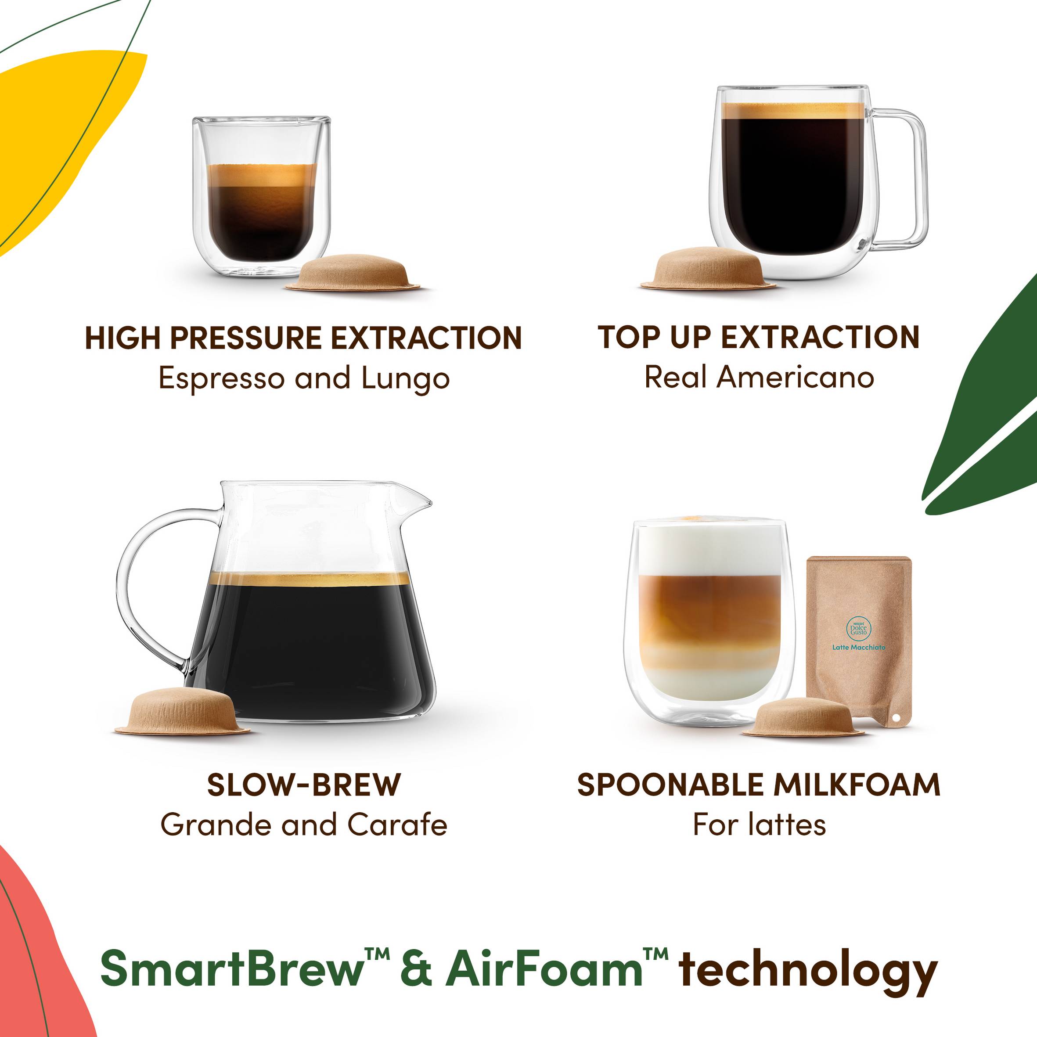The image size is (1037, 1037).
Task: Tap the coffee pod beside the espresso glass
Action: (353, 273)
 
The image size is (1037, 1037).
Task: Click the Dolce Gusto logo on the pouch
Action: (859, 627)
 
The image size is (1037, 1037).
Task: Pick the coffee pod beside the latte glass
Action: (803, 717)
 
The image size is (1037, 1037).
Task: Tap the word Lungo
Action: (405, 379)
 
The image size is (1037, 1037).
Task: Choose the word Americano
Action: (796, 377)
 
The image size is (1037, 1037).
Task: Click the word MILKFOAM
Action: (857, 785)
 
